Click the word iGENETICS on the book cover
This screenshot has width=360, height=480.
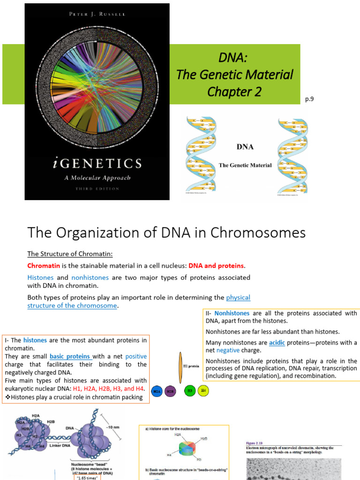[97, 164]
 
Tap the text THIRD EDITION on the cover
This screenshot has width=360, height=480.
[97, 189]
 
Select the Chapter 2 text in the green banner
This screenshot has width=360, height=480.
[234, 92]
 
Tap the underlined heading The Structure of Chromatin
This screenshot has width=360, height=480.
[70, 254]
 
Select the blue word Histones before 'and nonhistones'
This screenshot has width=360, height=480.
[40, 277]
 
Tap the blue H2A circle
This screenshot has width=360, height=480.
[158, 391]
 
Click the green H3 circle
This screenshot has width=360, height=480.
[190, 390]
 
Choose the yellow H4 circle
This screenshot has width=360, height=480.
[203, 390]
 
